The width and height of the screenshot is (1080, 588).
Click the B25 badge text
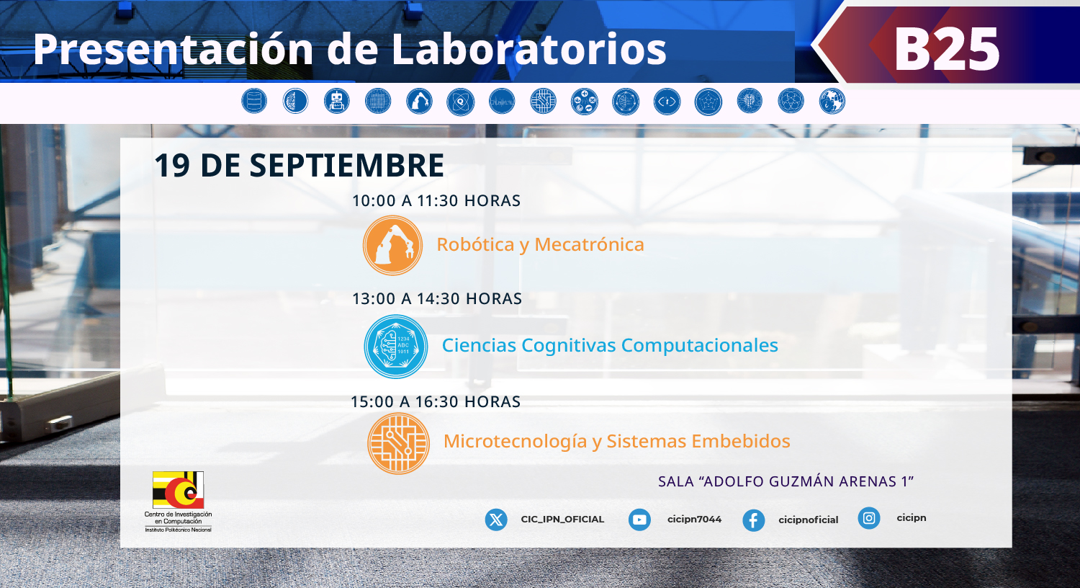(x=947, y=49)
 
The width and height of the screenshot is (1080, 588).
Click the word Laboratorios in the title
(x=529, y=49)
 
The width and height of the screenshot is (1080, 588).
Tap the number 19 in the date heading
(x=172, y=166)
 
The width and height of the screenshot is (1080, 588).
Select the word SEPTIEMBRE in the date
(x=346, y=166)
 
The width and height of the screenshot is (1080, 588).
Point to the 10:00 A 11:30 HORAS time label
(x=436, y=200)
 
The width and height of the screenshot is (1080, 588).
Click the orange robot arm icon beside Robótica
(x=392, y=245)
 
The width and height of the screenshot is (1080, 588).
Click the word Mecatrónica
(x=589, y=244)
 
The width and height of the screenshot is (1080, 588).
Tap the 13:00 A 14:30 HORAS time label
(x=437, y=298)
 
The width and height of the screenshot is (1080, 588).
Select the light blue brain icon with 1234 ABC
(x=396, y=347)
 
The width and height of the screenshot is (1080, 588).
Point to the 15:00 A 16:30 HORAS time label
(x=436, y=402)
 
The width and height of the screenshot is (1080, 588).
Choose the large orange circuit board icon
(x=398, y=443)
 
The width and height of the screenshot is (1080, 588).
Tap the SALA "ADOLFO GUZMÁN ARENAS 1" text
(x=786, y=481)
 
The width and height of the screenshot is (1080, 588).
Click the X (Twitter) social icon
(x=496, y=520)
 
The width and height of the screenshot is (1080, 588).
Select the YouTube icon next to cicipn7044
(x=639, y=520)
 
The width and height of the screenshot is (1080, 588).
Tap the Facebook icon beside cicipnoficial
(x=754, y=520)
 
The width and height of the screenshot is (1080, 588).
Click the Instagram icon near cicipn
(x=869, y=518)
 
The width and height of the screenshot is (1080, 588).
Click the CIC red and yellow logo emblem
(x=178, y=490)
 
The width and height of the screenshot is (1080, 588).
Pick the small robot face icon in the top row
(x=336, y=102)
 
